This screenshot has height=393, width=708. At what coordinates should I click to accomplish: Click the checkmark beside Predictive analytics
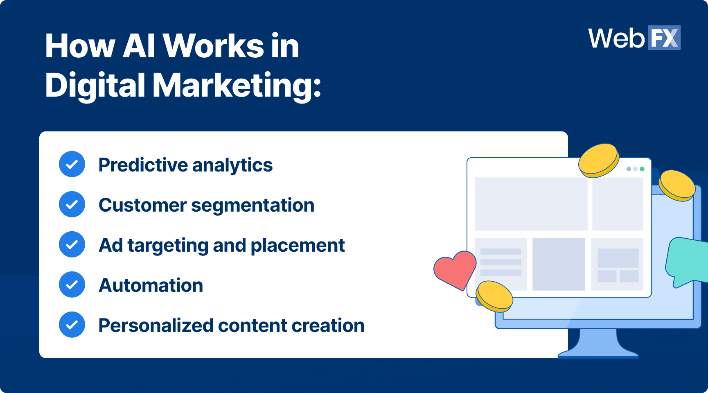pyautogui.click(x=72, y=164)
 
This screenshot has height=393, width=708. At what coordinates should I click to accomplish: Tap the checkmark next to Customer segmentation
pyautogui.click(x=72, y=204)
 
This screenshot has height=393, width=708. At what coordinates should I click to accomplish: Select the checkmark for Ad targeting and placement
pyautogui.click(x=72, y=244)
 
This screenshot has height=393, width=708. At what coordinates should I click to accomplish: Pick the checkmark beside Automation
pyautogui.click(x=72, y=285)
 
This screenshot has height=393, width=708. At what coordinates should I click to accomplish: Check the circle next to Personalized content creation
pyautogui.click(x=72, y=325)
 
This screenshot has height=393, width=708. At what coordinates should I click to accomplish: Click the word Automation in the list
pyautogui.click(x=151, y=285)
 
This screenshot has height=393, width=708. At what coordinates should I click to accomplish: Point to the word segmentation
pyautogui.click(x=253, y=206)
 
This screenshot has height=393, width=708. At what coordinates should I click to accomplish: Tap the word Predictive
pyautogui.click(x=143, y=165)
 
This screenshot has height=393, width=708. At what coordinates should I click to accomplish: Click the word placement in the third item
pyautogui.click(x=298, y=246)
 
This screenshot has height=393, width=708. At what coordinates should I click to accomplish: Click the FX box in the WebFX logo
pyautogui.click(x=664, y=38)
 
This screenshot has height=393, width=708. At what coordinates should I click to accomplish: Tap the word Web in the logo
pyautogui.click(x=616, y=38)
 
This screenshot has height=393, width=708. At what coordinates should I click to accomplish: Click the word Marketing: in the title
pyautogui.click(x=237, y=86)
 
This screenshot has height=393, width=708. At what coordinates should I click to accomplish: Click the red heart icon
pyautogui.click(x=454, y=269)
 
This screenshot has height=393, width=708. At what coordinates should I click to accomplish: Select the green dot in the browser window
pyautogui.click(x=642, y=169)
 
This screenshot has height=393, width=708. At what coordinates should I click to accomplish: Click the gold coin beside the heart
pyautogui.click(x=494, y=296)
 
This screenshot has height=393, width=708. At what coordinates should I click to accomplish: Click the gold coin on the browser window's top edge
pyautogui.click(x=598, y=160)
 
